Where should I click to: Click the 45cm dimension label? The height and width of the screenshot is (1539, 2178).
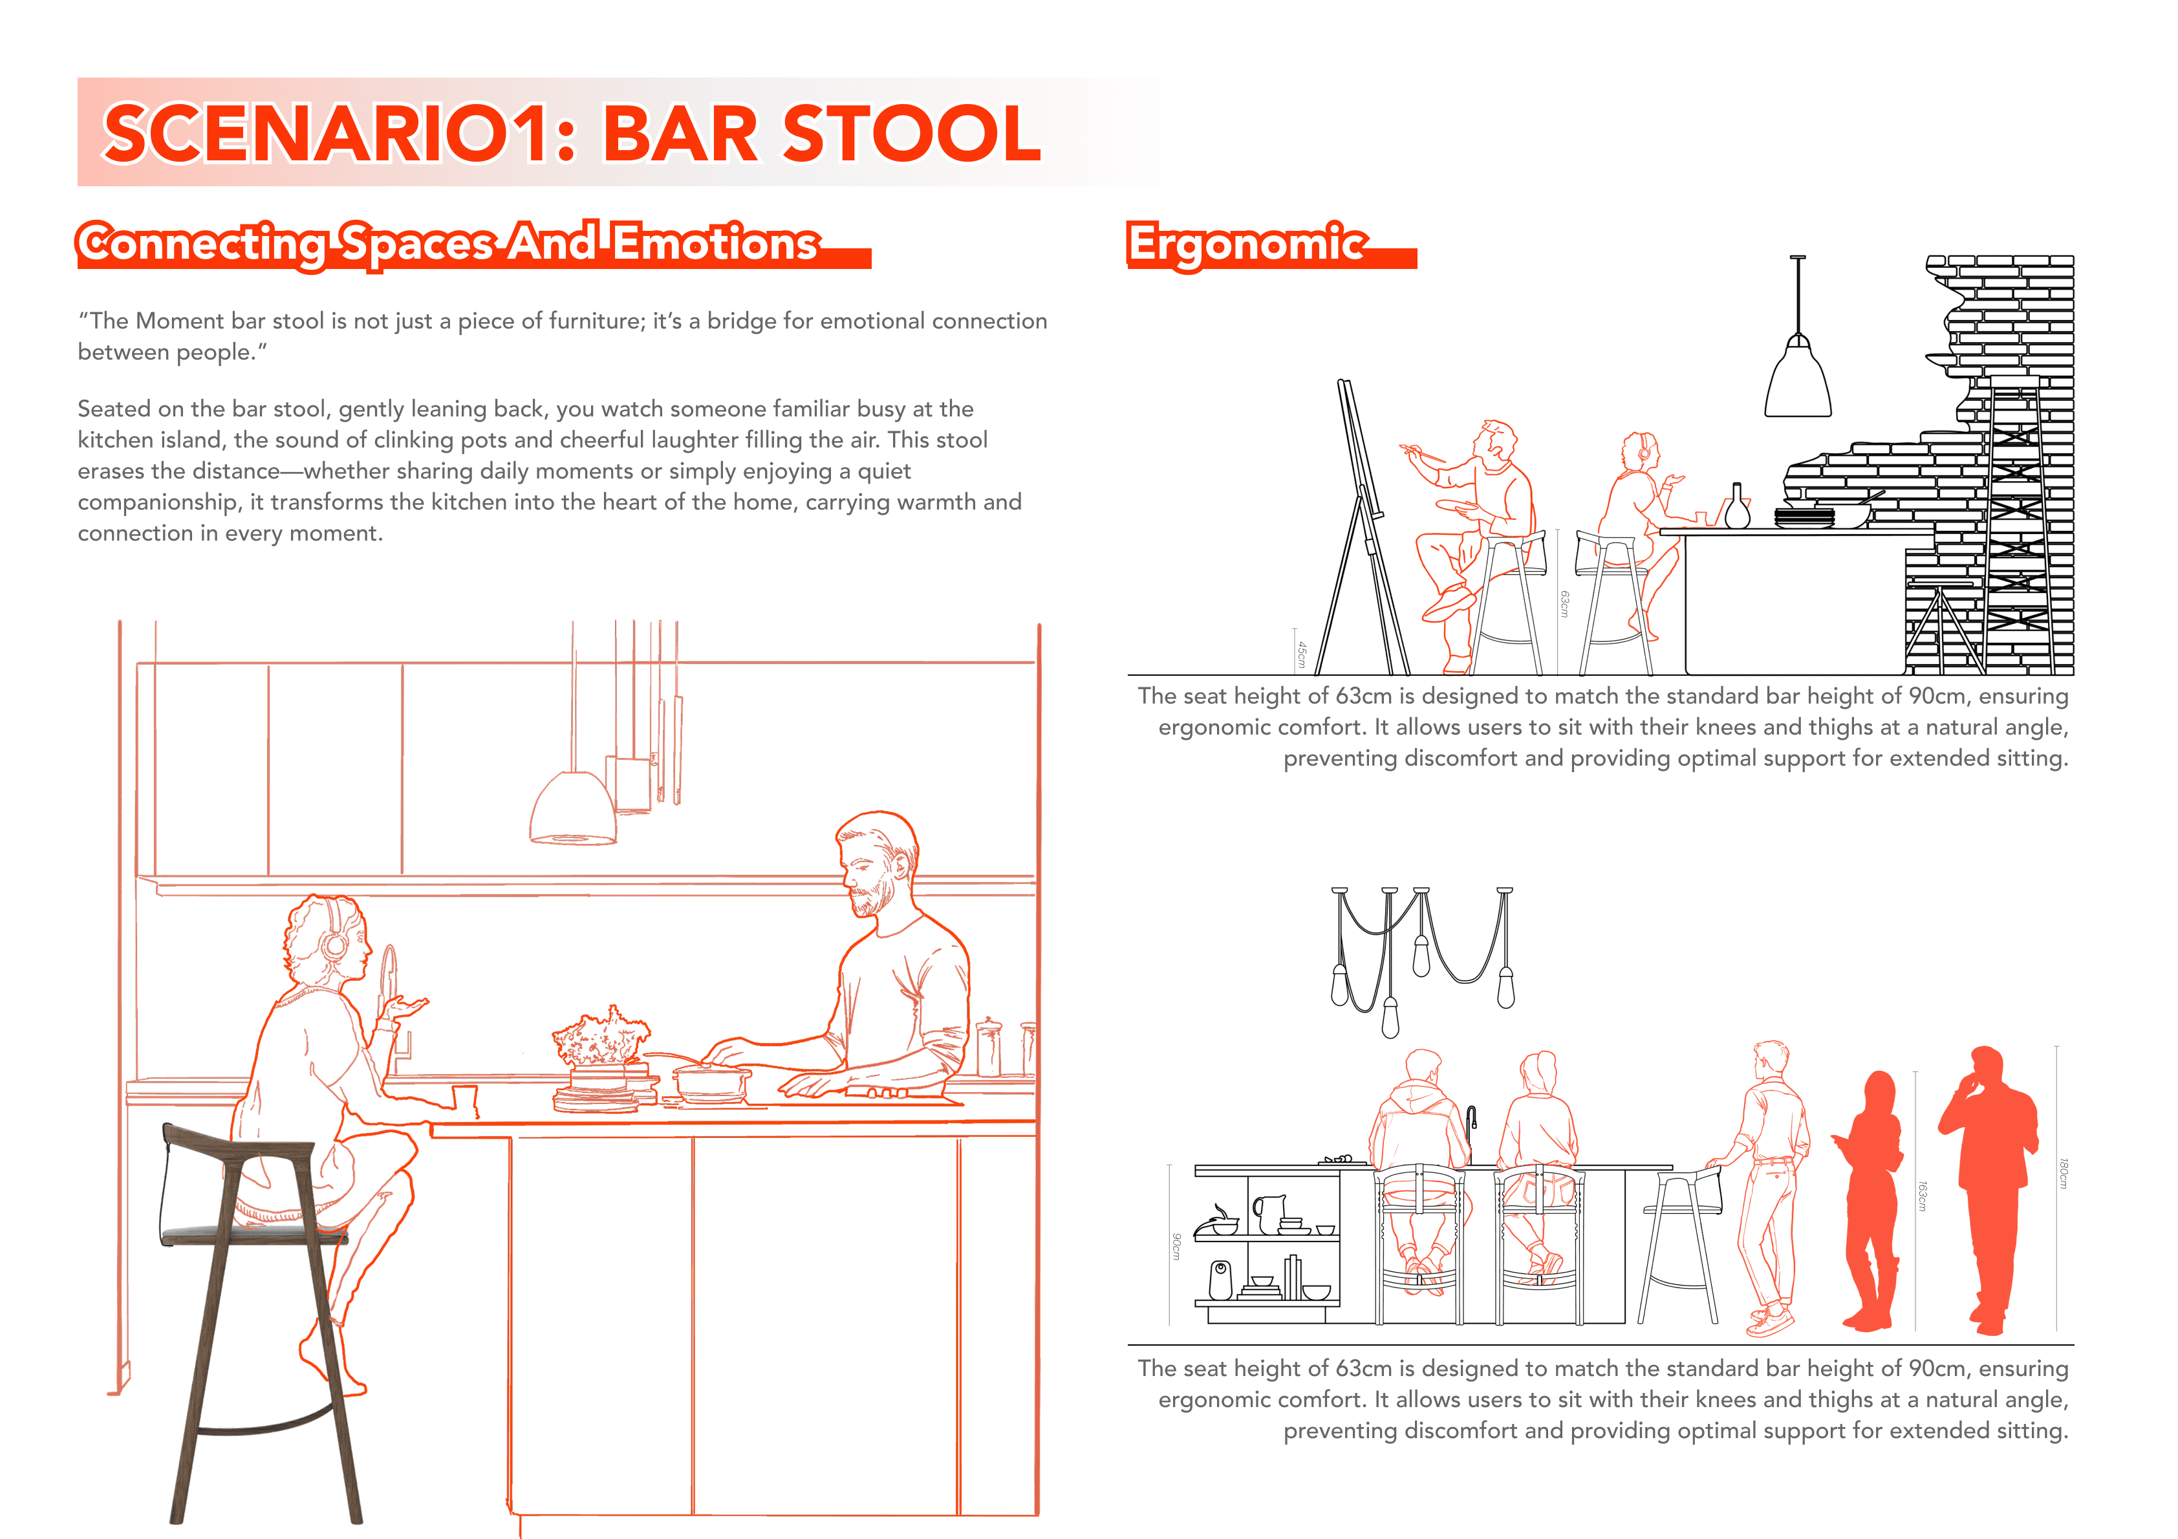pyautogui.click(x=1302, y=654)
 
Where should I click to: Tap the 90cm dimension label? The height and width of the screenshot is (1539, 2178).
pyautogui.click(x=1176, y=1246)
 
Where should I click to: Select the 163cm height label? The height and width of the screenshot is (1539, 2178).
pyautogui.click(x=1923, y=1196)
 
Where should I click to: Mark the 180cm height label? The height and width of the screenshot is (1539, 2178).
pyautogui.click(x=2064, y=1173)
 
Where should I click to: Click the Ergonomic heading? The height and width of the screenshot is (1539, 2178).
pyautogui.click(x=1247, y=244)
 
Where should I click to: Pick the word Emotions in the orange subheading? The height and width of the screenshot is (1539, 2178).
pyautogui.click(x=715, y=243)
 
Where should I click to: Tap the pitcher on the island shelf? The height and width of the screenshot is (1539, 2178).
pyautogui.click(x=1267, y=1212)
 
